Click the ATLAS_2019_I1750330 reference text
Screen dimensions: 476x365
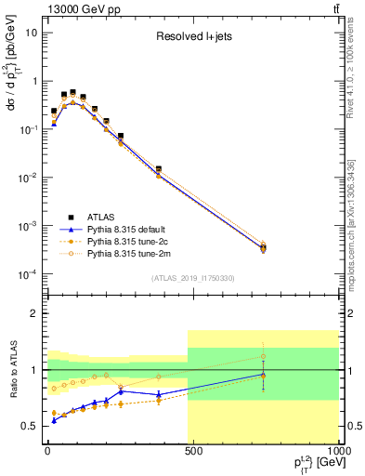[192, 277]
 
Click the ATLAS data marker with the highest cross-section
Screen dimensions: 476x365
[73, 93]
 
